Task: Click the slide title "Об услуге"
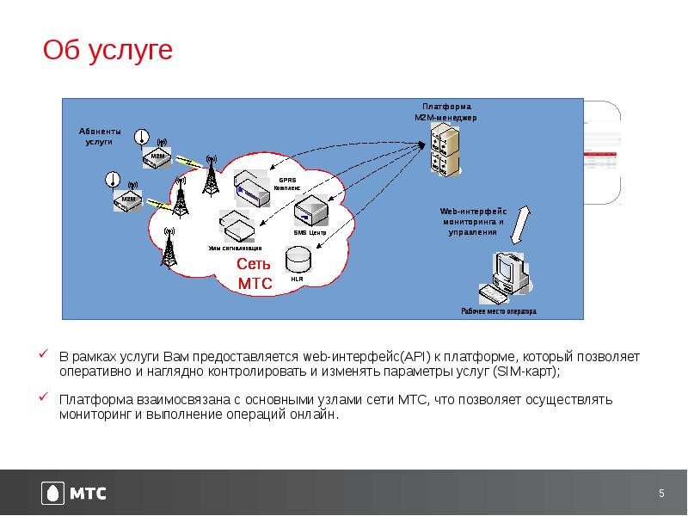coord(108,51)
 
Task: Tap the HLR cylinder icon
coord(298,258)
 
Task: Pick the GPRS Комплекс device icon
coord(253,187)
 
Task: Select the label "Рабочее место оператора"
coord(499,311)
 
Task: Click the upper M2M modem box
coord(157,157)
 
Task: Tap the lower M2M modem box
coord(127,200)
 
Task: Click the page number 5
coord(661,493)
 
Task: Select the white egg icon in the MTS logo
coord(53,494)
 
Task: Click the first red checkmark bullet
coord(43,353)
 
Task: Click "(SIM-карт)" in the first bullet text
coord(525,372)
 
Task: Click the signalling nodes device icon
coord(236,225)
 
